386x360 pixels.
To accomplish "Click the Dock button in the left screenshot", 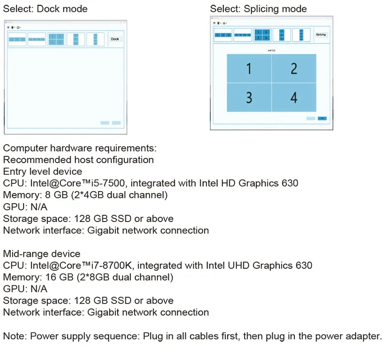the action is (115, 39).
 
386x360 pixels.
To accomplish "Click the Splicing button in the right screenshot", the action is (321, 35).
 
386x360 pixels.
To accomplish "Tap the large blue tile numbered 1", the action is (249, 69).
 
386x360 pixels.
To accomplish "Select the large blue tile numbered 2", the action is (294, 69).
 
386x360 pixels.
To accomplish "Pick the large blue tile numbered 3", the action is (249, 97).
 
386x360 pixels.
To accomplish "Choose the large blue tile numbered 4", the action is (294, 97).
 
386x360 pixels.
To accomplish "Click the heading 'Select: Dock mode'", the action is (45, 9).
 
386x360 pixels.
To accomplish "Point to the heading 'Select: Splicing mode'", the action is (258, 9).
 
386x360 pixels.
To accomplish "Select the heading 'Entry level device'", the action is (42, 171).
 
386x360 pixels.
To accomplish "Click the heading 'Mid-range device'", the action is (42, 254).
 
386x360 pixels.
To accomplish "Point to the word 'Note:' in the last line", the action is (15, 336).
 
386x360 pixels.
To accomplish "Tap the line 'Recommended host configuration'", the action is (79, 160).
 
